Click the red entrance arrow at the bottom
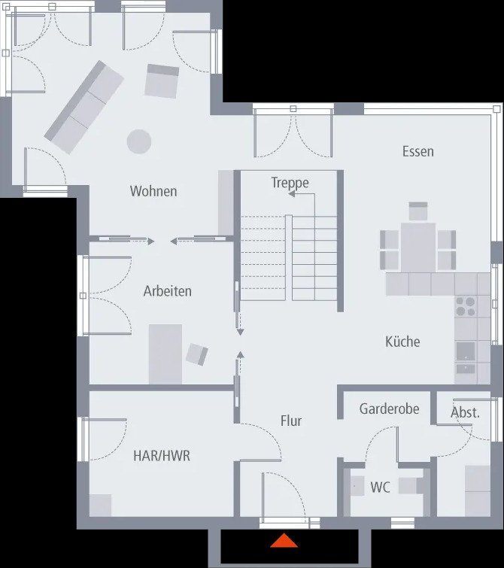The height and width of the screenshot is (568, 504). [x=284, y=540]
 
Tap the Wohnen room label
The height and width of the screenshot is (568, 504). [x=153, y=191]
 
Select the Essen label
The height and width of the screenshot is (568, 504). [x=417, y=151]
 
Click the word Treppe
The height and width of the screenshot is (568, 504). [x=290, y=183]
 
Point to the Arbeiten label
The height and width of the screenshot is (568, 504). [x=167, y=291]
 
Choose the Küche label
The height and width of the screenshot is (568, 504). [x=402, y=342]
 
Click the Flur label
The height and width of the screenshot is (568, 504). [x=291, y=421]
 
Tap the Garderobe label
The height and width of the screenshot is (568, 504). [x=389, y=410]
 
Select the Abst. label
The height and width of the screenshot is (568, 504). [x=465, y=412]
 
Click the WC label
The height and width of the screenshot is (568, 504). [x=380, y=487]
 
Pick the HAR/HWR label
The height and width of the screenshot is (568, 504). [x=161, y=455]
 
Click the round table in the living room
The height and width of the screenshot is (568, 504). [x=138, y=141]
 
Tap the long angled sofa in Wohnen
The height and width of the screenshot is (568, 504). [x=83, y=107]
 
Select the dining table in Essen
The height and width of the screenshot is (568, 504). [x=418, y=245]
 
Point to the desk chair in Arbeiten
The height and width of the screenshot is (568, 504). [x=198, y=354]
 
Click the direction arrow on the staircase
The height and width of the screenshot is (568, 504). [x=290, y=194]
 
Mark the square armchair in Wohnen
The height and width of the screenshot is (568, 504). [x=162, y=81]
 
